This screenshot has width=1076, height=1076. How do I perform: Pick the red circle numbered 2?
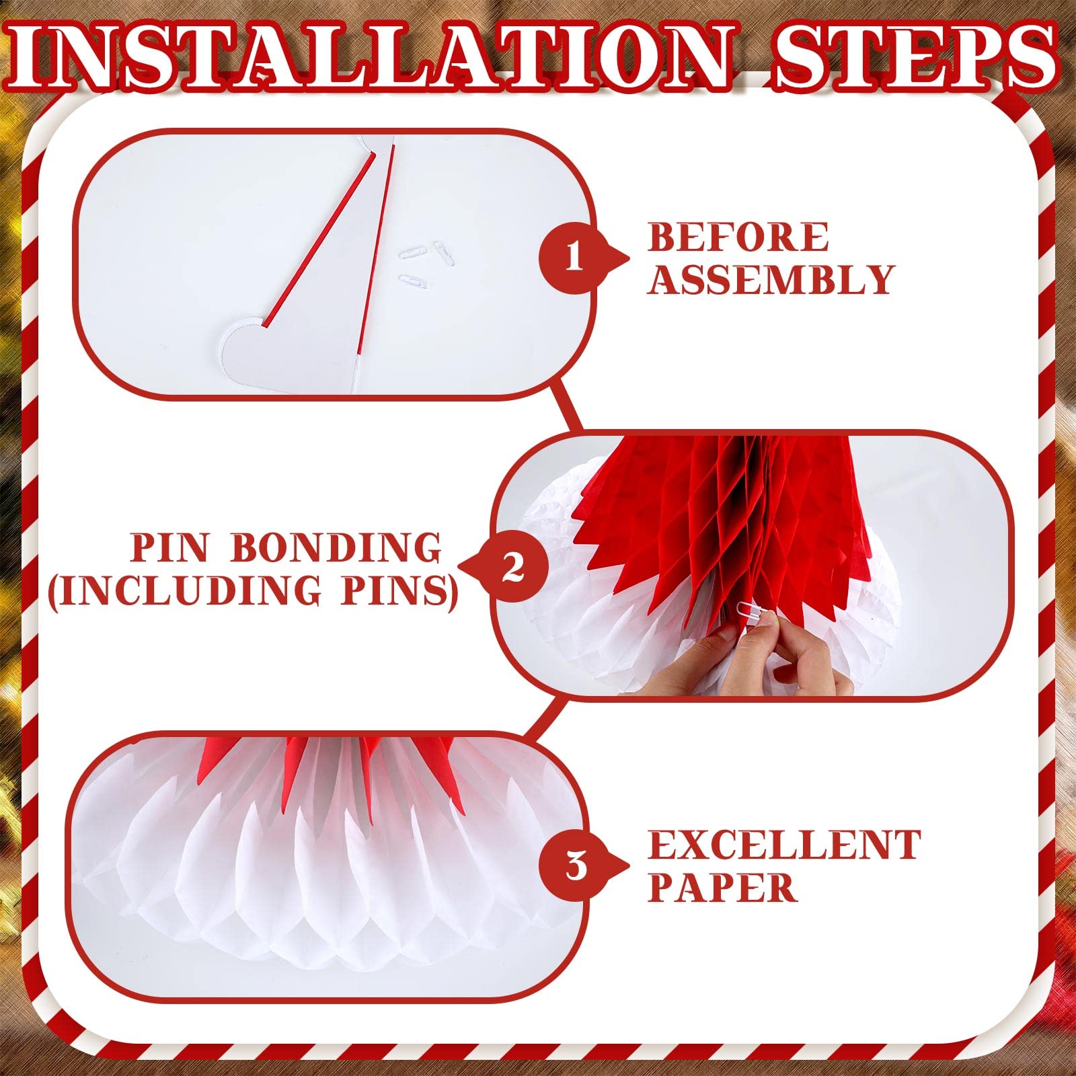point(513,567)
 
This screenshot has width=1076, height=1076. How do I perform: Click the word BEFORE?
point(738,237)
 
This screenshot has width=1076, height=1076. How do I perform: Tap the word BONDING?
point(336,548)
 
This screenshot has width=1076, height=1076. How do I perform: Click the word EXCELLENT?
point(783,845)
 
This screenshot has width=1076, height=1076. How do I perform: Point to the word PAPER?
point(722,888)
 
